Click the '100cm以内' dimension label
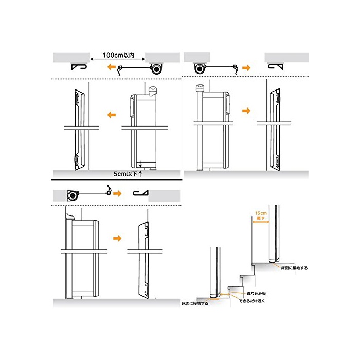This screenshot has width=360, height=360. pyautogui.click(x=119, y=55)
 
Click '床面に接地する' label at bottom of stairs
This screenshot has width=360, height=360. pyautogui.click(x=195, y=304)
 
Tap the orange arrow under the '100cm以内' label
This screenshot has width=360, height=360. pyautogui.click(x=110, y=67)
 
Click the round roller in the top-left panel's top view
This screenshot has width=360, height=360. pyautogui.click(x=156, y=68)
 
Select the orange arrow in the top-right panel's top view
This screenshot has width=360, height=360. pyautogui.click(x=247, y=67)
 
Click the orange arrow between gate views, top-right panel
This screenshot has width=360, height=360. pyautogui.click(x=246, y=110)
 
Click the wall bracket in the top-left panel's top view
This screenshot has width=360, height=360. pyautogui.click(x=80, y=67)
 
